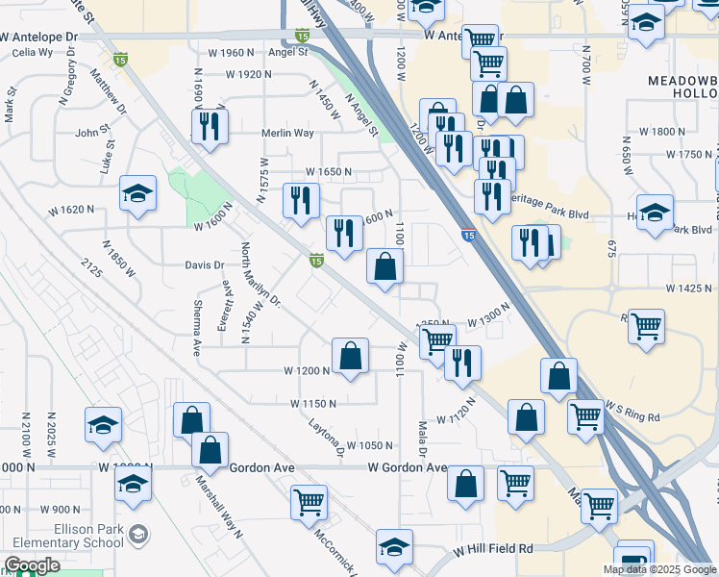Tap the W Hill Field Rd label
pos(494,548)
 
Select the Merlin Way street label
pos(288,134)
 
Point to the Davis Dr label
pos(205,265)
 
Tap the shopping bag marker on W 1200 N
pos(351,356)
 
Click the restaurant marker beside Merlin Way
pos(209,127)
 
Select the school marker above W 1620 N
pos(137,193)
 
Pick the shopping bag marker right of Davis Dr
pos(384,267)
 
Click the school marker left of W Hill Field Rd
pos(394,547)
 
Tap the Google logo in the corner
pos(32,566)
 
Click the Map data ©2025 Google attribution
pos(659,569)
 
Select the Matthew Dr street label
pos(109,87)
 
